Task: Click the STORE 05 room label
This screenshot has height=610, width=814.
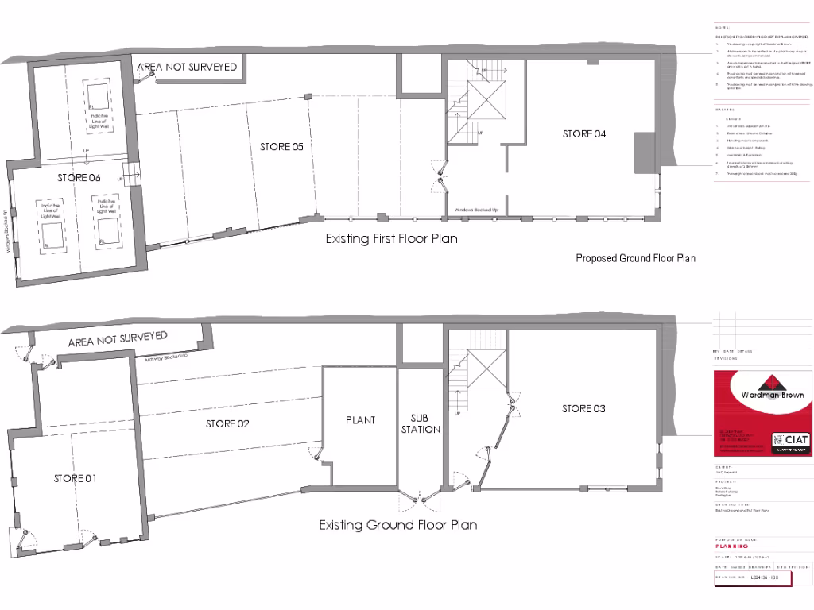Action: tap(281, 147)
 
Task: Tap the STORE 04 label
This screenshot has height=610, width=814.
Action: tap(584, 134)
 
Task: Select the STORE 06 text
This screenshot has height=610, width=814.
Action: tap(79, 178)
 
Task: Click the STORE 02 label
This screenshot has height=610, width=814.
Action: tap(227, 424)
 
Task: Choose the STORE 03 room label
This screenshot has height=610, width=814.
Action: tap(583, 409)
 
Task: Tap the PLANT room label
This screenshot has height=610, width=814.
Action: tap(360, 420)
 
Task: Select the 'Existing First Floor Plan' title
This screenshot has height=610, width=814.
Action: tap(391, 238)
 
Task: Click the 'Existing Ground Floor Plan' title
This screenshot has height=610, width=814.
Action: tap(398, 525)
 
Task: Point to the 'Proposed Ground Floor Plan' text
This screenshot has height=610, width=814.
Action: tap(635, 258)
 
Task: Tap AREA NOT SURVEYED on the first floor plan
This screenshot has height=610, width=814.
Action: tap(187, 68)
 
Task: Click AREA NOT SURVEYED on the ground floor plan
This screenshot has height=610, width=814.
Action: tap(118, 340)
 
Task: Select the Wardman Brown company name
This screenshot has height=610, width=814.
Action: tap(761, 395)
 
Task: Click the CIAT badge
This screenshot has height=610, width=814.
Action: tap(790, 439)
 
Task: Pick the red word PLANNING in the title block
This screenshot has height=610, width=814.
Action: tap(731, 546)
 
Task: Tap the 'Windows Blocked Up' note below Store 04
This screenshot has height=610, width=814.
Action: tap(476, 210)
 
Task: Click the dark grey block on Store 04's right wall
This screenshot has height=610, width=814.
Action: tap(642, 152)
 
